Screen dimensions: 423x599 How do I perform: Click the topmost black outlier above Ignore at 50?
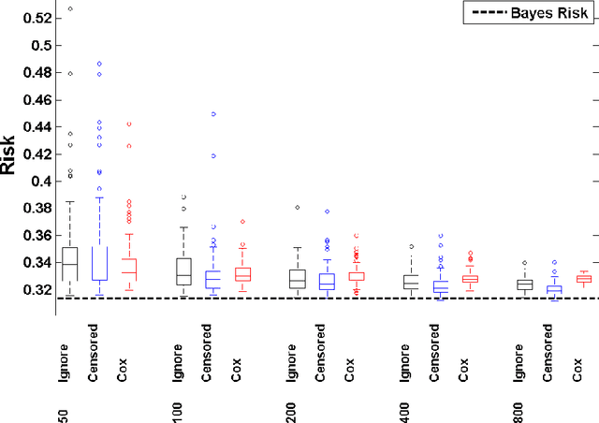[69, 8]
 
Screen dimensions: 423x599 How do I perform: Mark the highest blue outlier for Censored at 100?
[212, 114]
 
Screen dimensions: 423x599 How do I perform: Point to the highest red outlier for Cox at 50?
[128, 124]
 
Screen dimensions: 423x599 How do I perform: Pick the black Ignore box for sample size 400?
[410, 281]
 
